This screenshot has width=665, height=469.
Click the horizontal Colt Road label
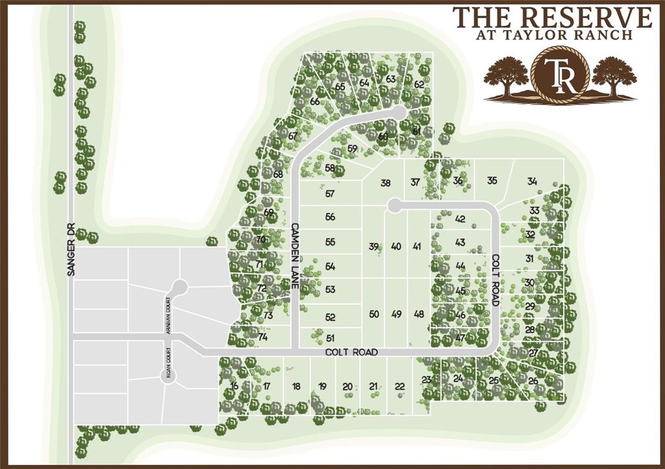351,352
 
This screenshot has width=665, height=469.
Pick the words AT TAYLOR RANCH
554,35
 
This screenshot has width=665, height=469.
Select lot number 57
330,193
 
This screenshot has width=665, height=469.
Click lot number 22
400,387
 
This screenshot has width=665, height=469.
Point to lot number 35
492,180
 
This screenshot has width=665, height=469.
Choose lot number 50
374,315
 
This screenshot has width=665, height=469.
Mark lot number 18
296,387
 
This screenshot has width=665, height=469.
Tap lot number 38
386,183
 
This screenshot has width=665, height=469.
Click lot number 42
460,219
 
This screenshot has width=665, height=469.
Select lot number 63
391,78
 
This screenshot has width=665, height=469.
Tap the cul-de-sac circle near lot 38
392,206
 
